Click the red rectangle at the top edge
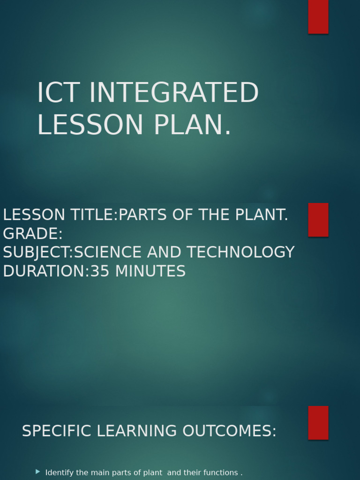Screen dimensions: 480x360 (318, 16)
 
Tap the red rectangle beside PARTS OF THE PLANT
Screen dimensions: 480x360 (318, 220)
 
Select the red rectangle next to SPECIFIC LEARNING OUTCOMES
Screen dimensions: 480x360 (318, 422)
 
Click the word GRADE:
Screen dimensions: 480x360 (33, 234)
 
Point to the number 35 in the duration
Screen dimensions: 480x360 (99, 271)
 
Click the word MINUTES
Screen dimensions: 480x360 (150, 271)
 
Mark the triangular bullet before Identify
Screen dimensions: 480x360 (38, 472)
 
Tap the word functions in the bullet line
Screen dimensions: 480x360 (220, 473)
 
